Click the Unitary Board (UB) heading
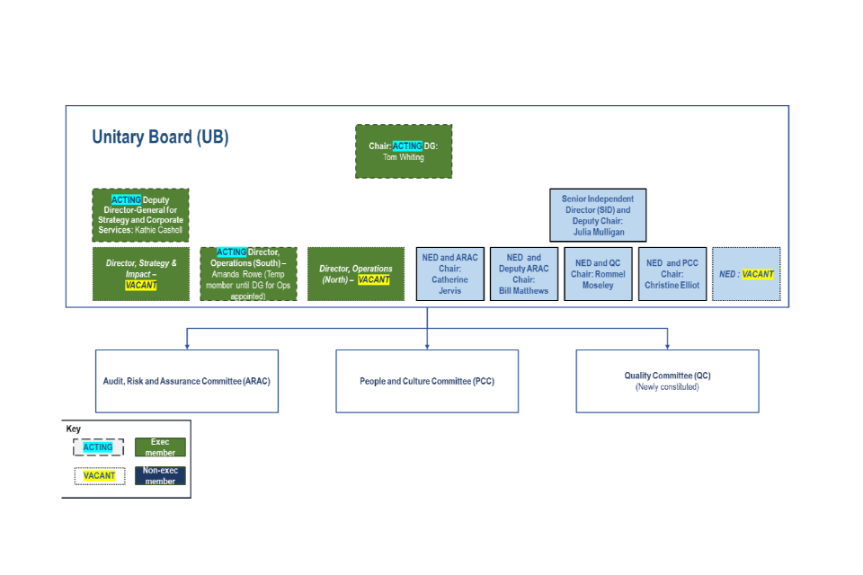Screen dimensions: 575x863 (x=160, y=137)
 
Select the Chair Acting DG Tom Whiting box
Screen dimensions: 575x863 (x=404, y=151)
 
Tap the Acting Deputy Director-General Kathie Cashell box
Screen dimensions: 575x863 (x=140, y=216)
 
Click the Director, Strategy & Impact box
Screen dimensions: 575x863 (x=141, y=274)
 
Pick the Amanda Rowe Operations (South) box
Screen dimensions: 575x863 (x=248, y=274)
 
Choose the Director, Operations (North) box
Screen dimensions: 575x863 (x=355, y=274)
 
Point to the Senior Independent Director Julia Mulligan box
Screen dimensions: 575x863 (x=598, y=216)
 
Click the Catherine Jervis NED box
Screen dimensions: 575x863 (x=449, y=274)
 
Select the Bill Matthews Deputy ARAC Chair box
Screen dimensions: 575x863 (x=524, y=274)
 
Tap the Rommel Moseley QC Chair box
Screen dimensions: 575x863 (x=598, y=274)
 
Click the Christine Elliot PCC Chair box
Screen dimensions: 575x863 (x=672, y=274)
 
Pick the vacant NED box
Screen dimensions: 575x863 (x=746, y=274)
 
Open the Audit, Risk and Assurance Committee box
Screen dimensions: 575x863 (x=187, y=381)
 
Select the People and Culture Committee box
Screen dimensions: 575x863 (x=427, y=381)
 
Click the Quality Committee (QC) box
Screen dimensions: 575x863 (x=667, y=381)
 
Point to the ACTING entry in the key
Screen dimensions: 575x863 (x=99, y=447)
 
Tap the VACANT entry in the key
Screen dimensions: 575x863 (x=99, y=476)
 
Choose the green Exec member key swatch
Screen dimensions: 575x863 (x=160, y=447)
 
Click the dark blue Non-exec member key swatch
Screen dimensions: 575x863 (x=160, y=476)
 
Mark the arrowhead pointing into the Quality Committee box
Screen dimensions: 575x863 (x=667, y=346)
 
